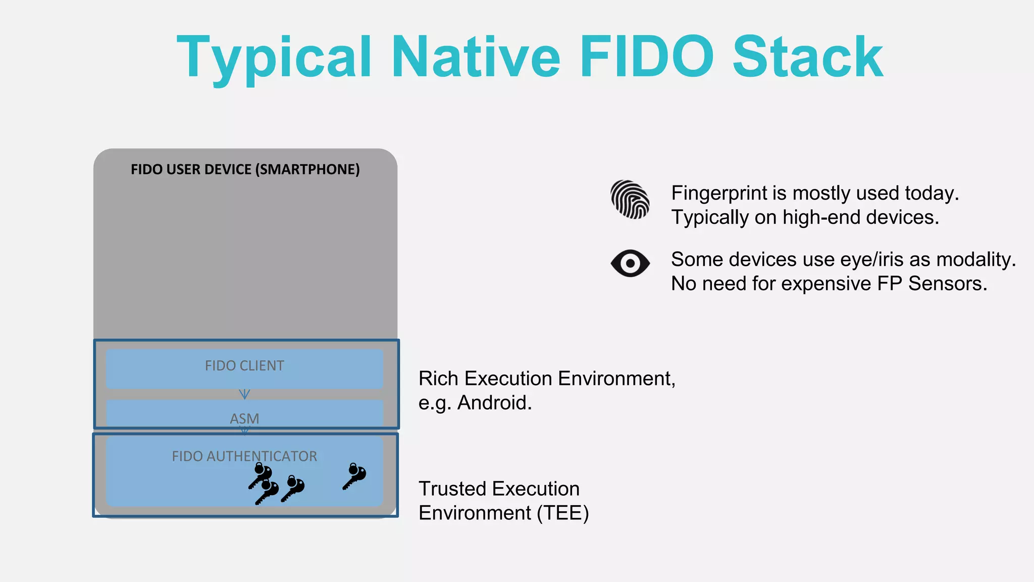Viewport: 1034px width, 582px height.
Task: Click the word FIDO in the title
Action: pos(647,57)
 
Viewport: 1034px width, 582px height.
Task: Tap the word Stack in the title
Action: pos(808,57)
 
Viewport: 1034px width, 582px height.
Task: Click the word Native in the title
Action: pos(476,57)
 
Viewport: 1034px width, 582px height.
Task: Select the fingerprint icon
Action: pos(630,200)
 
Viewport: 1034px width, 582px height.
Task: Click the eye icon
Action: pos(630,263)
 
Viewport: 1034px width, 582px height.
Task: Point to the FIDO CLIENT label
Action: pos(244,366)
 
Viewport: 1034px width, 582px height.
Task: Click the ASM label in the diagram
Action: pos(244,418)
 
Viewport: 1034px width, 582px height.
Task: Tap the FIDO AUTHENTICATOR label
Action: pos(244,456)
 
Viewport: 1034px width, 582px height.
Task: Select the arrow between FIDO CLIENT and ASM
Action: pos(244,394)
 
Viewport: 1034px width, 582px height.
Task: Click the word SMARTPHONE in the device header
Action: pos(308,169)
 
